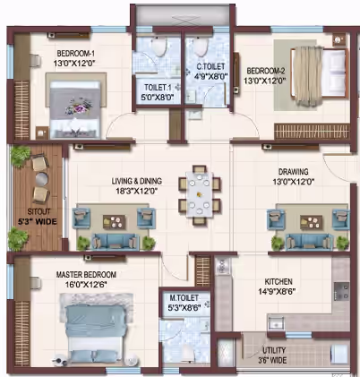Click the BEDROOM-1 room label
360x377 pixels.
pyautogui.click(x=75, y=54)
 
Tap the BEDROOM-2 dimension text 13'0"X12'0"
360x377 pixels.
pyautogui.click(x=265, y=81)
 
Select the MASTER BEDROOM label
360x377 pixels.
pyautogui.click(x=86, y=275)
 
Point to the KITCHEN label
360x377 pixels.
pyautogui.click(x=279, y=282)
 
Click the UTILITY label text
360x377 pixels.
pyautogui.click(x=274, y=350)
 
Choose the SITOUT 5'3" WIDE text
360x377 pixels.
pyautogui.click(x=38, y=217)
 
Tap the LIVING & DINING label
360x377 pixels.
pyautogui.click(x=137, y=181)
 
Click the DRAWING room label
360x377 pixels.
pyautogui.click(x=293, y=172)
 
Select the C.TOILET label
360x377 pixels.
pyautogui.click(x=210, y=66)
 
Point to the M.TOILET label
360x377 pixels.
pyautogui.click(x=184, y=298)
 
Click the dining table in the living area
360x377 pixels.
pyautogui.click(x=200, y=194)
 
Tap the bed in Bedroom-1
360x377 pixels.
pyautogui.click(x=75, y=109)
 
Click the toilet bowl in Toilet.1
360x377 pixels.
pyautogui.click(x=159, y=47)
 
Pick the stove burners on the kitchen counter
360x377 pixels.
pyautogui.click(x=341, y=291)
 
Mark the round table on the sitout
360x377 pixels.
pyautogui.click(x=42, y=179)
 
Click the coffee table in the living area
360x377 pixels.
pyautogui.click(x=114, y=222)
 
